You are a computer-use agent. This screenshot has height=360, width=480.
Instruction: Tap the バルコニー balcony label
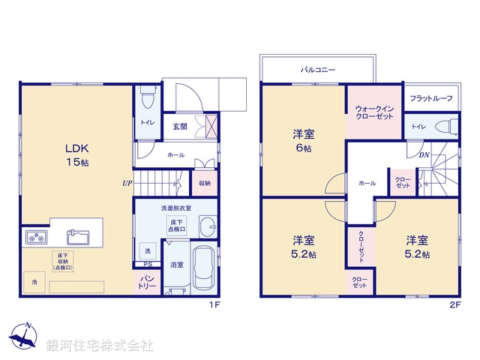tap(318, 69)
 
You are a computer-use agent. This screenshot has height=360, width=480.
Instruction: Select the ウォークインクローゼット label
tap(373, 112)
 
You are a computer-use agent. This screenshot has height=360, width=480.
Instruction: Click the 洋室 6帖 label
tap(303, 141)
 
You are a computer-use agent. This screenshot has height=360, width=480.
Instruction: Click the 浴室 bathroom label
tap(177, 265)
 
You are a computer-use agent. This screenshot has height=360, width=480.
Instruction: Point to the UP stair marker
tap(128, 182)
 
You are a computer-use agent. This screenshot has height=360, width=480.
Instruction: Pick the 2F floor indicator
tap(454, 306)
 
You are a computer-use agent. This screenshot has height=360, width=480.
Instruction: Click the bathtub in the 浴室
tap(201, 269)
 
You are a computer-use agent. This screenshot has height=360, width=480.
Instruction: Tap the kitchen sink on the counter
tap(78, 238)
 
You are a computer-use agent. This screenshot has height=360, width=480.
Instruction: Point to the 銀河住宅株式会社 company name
tap(100, 346)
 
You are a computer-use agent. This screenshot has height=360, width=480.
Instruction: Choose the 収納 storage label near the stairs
tap(205, 182)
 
